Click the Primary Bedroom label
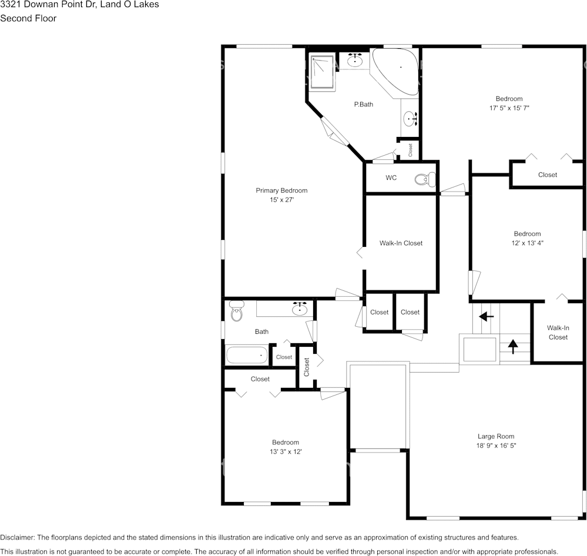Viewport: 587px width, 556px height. click(x=281, y=190)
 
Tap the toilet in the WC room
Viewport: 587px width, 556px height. click(x=424, y=179)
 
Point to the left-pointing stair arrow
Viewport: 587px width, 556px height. click(x=486, y=317)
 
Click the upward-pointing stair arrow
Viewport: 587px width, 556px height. click(x=512, y=346)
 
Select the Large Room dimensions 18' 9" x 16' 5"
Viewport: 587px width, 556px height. click(x=496, y=446)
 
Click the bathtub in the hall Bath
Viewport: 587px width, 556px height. click(x=247, y=355)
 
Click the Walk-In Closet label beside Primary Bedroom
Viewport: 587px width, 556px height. click(x=401, y=243)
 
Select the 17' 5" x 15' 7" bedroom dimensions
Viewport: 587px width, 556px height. click(x=509, y=108)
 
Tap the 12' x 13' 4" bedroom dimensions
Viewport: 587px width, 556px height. click(x=526, y=243)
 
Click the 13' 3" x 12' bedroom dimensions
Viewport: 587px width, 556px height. click(x=286, y=451)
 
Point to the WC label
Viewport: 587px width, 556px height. click(x=391, y=178)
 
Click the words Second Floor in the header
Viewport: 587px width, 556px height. click(x=28, y=18)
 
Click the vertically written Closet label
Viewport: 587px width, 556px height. click(x=306, y=367)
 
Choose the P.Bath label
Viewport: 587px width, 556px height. click(x=363, y=105)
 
